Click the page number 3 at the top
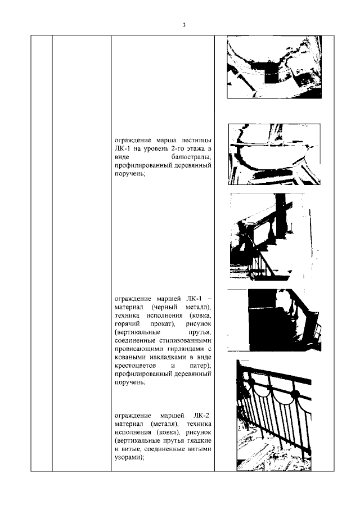point(184,25)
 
